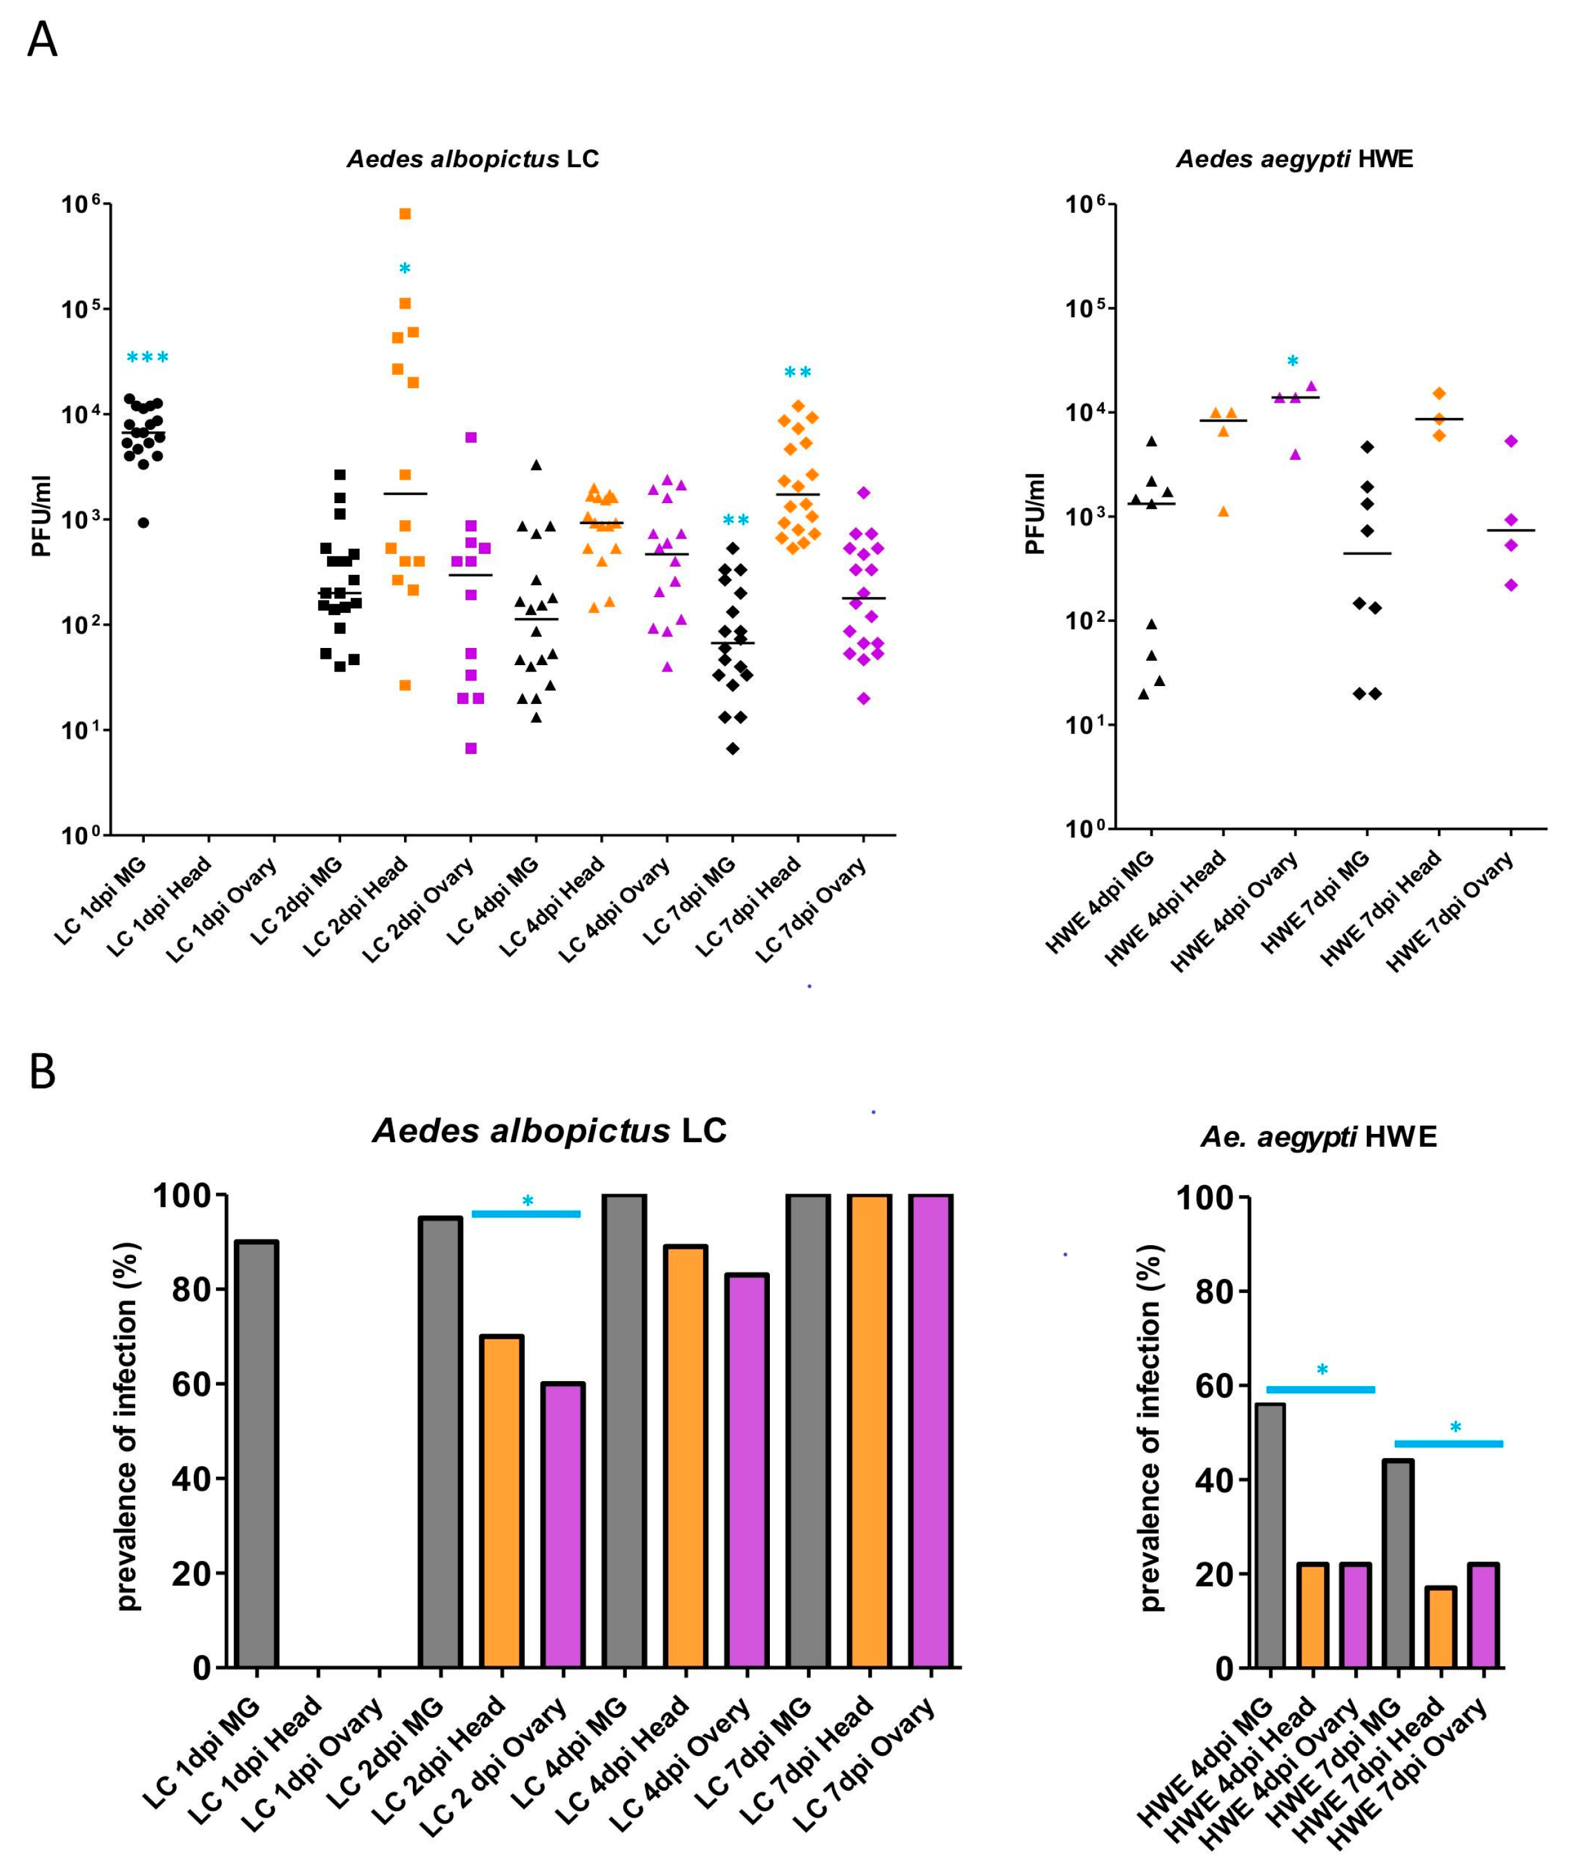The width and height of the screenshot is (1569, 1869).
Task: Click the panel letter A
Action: click(42, 40)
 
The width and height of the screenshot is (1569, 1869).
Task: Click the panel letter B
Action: click(42, 1072)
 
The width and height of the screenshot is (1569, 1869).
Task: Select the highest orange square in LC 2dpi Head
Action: click(405, 213)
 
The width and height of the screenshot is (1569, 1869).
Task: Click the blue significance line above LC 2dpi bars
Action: click(526, 1214)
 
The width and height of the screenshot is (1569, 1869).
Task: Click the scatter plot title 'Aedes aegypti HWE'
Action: click(1294, 159)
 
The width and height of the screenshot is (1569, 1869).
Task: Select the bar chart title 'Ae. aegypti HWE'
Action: click(1318, 1137)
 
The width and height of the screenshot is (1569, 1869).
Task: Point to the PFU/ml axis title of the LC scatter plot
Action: click(41, 516)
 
